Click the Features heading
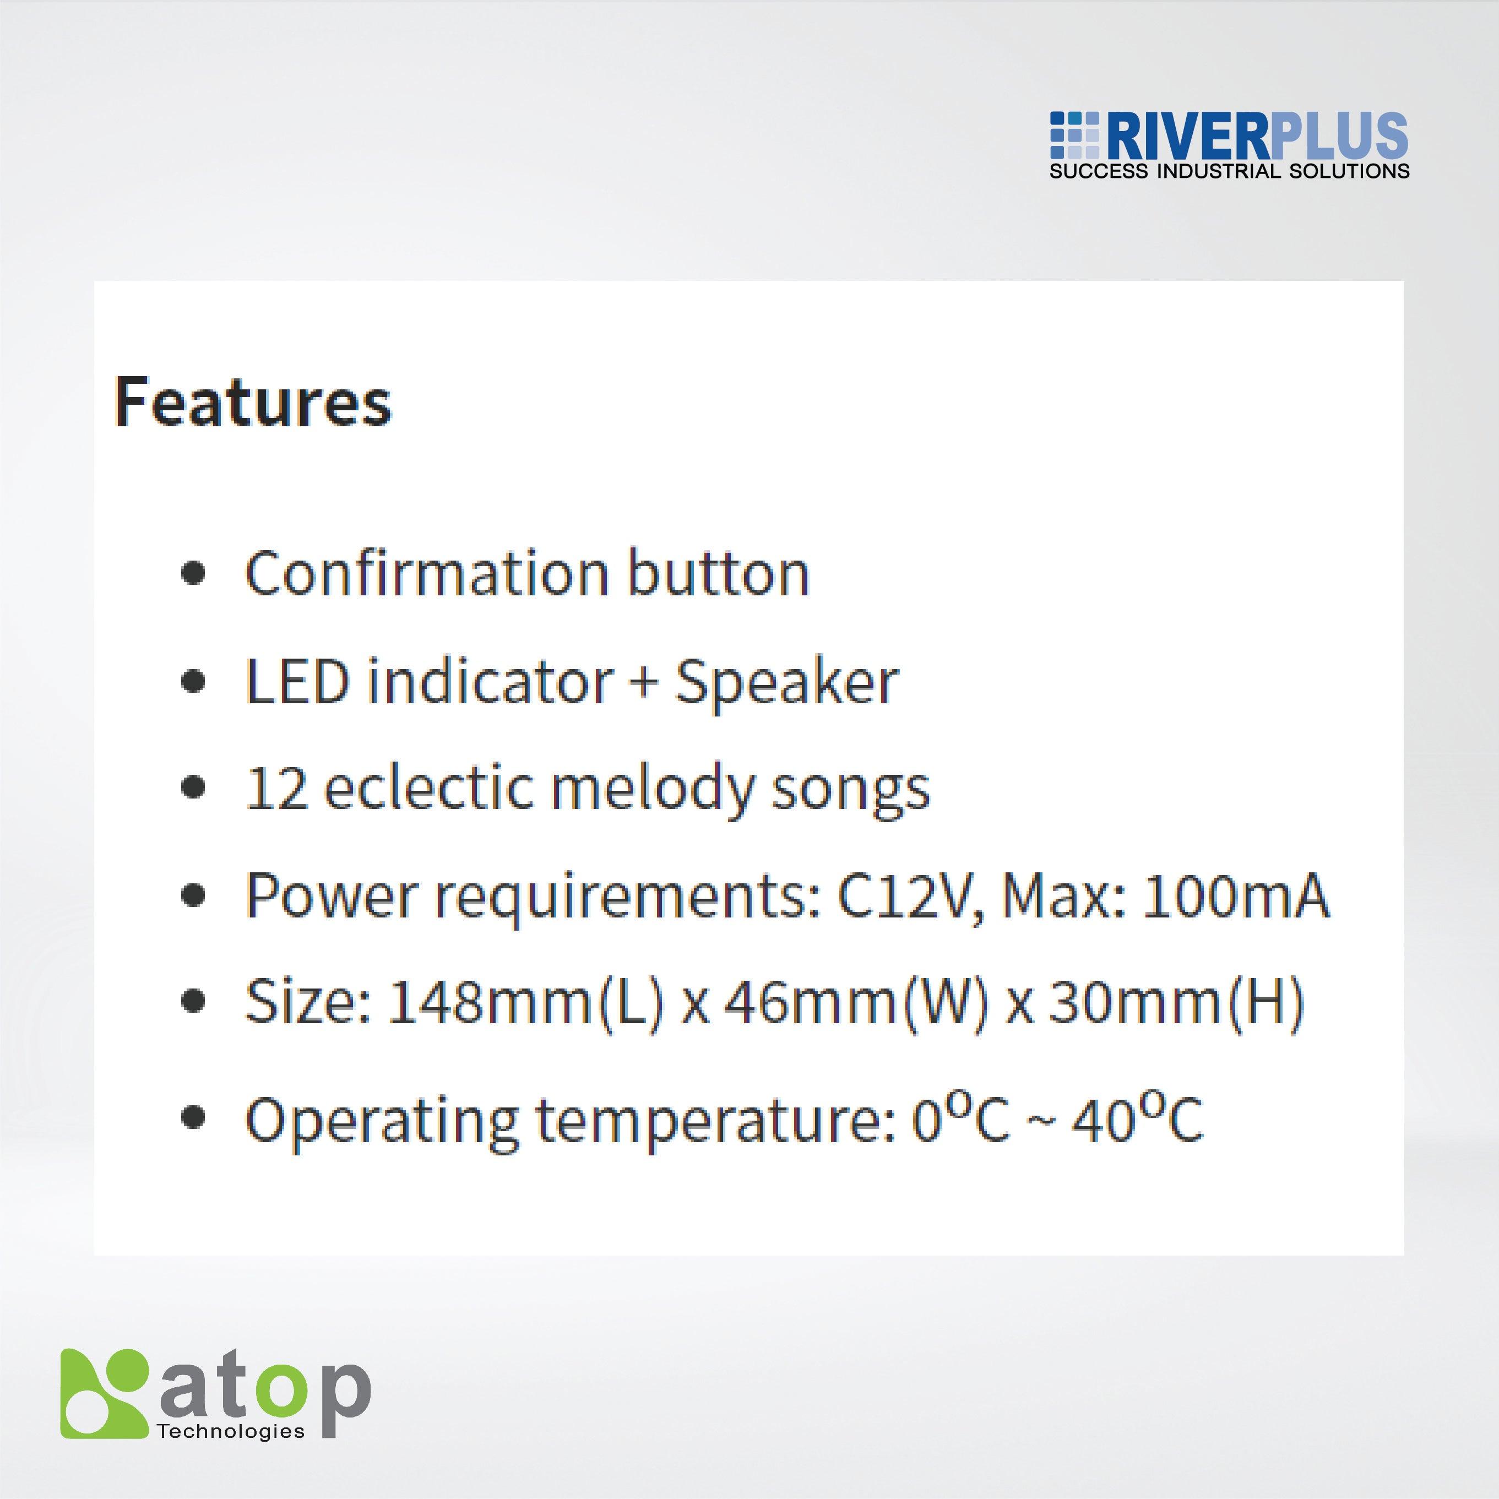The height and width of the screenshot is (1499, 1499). click(x=253, y=402)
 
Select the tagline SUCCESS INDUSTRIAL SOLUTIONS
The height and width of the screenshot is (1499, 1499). click(x=1229, y=171)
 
